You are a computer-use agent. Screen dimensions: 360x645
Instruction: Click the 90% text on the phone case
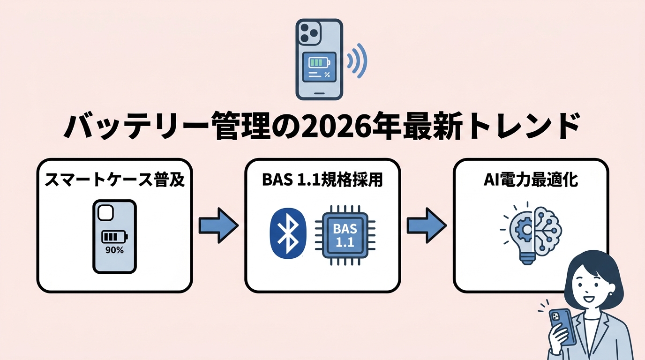pos(114,250)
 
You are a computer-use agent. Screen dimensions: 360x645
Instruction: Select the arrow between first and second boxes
pos(218,225)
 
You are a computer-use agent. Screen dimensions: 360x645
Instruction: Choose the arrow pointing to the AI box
pos(426,225)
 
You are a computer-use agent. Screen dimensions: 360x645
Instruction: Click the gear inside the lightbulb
pos(521,229)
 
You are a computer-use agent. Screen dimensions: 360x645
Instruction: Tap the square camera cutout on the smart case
pos(105,213)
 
